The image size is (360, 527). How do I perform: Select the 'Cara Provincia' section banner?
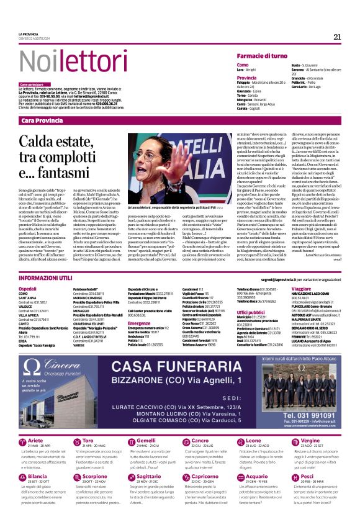click(x=42, y=120)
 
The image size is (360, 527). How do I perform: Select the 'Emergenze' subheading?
click(x=140, y=323)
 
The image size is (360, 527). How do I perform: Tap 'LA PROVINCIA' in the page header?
click(x=28, y=34)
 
